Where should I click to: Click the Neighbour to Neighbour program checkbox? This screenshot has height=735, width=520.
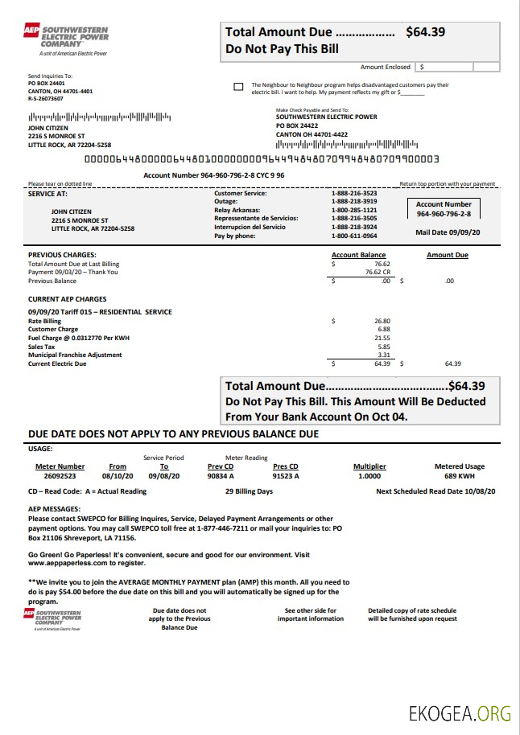pos(237,87)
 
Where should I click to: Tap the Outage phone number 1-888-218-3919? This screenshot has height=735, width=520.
pos(353,202)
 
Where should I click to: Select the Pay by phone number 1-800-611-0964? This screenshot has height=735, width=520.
pos(353,236)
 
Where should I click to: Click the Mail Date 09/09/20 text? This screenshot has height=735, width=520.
pos(448,232)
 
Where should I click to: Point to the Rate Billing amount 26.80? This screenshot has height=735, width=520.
pos(382,321)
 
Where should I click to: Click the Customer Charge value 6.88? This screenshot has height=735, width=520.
pos(384,330)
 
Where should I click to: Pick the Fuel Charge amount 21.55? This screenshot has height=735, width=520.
pos(382,339)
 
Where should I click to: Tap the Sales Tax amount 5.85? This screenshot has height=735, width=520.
pos(384,347)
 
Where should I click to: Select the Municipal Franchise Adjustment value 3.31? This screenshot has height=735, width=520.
pos(384,355)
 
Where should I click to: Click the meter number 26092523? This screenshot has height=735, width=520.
pos(60,476)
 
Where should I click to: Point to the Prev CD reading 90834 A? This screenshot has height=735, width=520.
pos(220,476)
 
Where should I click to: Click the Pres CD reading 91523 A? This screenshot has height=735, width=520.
pos(286,476)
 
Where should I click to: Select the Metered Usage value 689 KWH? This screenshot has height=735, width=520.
pos(460,476)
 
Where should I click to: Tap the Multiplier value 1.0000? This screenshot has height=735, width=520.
pos(369,476)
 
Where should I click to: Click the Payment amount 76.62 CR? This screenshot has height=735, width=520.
pos(378,272)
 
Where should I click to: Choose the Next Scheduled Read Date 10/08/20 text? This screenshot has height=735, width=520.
pos(435,491)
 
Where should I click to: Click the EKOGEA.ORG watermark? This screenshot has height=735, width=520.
pos(460,712)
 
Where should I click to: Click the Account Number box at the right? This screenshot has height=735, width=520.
pos(444,209)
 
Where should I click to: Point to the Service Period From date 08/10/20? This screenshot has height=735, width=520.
pos(118,476)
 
